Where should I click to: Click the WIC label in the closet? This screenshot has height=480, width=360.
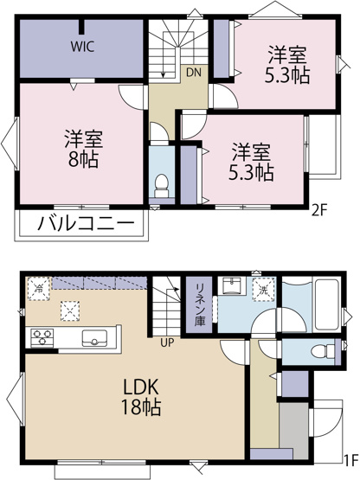(x=83, y=48)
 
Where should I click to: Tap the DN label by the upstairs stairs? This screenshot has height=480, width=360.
(x=193, y=73)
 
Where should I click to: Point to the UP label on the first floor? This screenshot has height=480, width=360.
(x=164, y=342)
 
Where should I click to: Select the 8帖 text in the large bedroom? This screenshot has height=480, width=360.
(x=80, y=158)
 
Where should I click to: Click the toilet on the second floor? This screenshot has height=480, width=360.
(x=160, y=182)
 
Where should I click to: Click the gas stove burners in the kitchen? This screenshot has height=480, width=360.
(x=42, y=335)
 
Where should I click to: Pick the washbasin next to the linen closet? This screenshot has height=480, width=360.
(x=231, y=289)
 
